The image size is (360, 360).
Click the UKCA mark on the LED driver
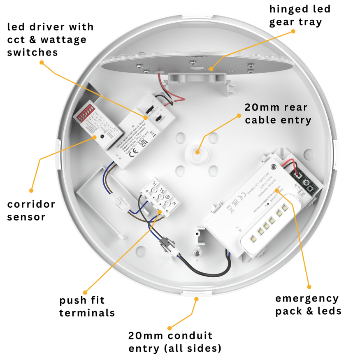pos(141,142)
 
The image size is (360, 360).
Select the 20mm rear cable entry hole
pos(197,151)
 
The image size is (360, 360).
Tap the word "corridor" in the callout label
pos(31,204)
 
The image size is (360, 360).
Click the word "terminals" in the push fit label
pos(87,313)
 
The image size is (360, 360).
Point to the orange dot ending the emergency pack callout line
pos(309,286)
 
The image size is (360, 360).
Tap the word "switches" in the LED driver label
pos(32,52)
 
